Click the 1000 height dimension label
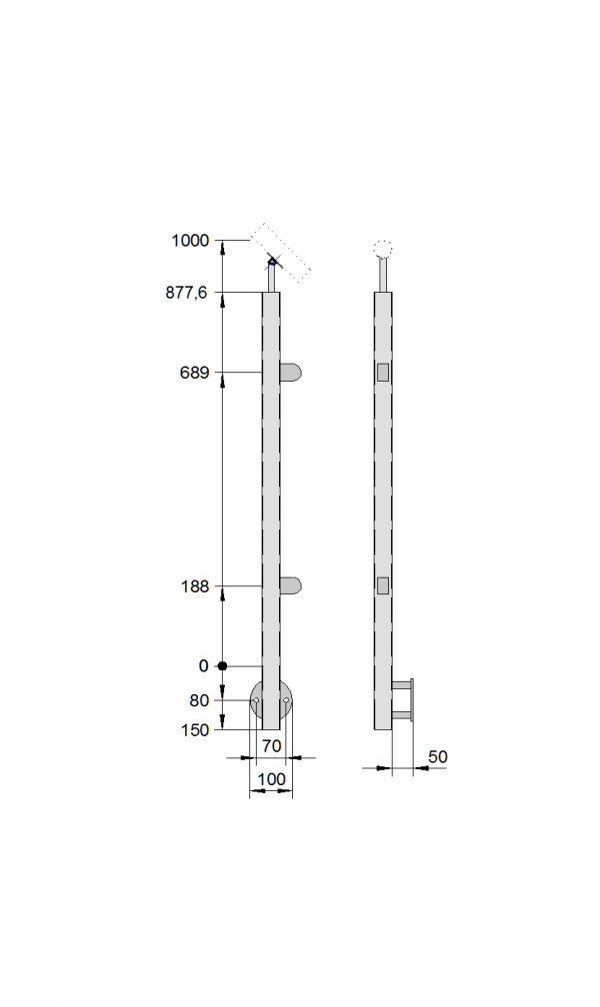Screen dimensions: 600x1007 [x=190, y=240]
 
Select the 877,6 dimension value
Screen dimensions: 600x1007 [x=186, y=293]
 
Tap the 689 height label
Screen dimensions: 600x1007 [x=194, y=373]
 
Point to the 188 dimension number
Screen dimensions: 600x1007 [x=194, y=586]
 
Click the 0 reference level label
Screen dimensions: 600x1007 [x=204, y=666]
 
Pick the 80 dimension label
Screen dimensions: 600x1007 [x=200, y=700]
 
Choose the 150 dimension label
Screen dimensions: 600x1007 [x=195, y=730]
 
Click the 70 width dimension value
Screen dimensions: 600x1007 [x=272, y=746]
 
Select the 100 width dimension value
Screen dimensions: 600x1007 [x=271, y=779]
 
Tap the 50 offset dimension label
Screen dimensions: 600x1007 [x=437, y=757]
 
